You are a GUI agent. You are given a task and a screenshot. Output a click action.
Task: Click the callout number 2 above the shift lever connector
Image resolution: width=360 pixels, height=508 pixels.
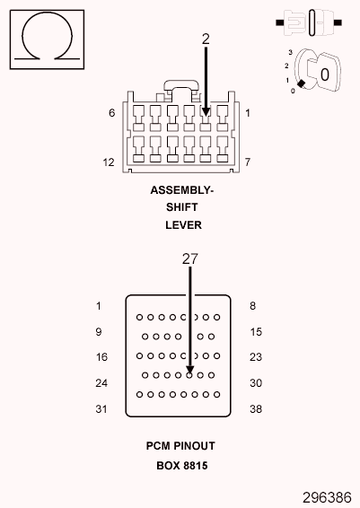pyautogui.click(x=206, y=39)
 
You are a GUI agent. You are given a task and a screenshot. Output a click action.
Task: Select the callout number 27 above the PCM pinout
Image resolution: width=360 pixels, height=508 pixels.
pyautogui.click(x=189, y=258)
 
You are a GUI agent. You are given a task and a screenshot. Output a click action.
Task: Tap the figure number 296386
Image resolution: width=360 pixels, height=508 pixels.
pyautogui.click(x=329, y=495)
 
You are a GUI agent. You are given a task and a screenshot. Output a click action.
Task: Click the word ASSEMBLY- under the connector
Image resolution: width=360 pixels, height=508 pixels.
pyautogui.click(x=182, y=191)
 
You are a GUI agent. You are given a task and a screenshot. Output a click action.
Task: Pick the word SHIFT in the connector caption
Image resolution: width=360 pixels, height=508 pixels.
pyautogui.click(x=182, y=207)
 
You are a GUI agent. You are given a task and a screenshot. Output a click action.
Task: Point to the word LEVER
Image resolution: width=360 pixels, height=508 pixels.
pyautogui.click(x=182, y=224)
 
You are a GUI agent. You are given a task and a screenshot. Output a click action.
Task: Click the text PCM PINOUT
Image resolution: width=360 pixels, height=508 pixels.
pyautogui.click(x=180, y=445)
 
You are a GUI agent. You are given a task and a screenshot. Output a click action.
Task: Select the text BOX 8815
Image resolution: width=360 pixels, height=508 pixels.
pyautogui.click(x=180, y=465)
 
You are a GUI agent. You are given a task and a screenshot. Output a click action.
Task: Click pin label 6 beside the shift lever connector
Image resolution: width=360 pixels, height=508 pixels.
pyautogui.click(x=112, y=113)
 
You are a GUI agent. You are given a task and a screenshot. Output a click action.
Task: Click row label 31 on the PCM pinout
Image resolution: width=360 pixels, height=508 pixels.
pyautogui.click(x=101, y=408)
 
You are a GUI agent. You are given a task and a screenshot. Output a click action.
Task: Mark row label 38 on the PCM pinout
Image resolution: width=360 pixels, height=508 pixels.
pyautogui.click(x=255, y=408)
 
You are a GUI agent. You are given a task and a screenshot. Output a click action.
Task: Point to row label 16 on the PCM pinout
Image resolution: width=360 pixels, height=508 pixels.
pyautogui.click(x=101, y=357)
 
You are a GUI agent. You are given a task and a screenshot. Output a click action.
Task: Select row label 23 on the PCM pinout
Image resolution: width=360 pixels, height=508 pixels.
pyautogui.click(x=255, y=357)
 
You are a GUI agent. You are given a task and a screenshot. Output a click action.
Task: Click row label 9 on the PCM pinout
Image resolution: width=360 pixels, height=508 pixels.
pyautogui.click(x=99, y=332)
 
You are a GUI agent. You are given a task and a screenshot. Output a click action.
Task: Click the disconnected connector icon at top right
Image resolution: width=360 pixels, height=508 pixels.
pyautogui.click(x=311, y=20)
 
